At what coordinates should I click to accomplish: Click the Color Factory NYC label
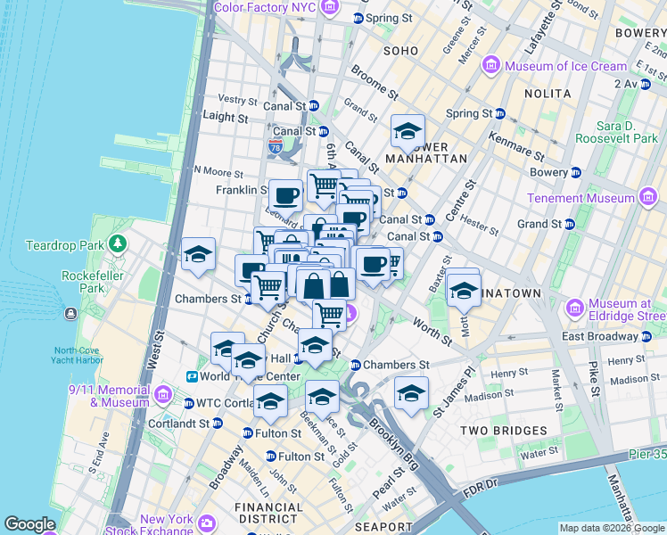tap(264, 8)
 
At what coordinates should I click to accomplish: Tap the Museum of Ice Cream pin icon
tap(491, 66)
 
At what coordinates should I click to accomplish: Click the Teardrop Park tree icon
tap(117, 243)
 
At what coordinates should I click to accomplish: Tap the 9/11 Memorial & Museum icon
tap(162, 395)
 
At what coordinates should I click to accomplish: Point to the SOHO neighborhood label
tap(400, 51)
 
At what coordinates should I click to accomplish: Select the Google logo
tap(31, 524)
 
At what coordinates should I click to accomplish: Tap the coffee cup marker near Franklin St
tap(286, 195)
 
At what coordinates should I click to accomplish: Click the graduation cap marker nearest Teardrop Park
tap(198, 254)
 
